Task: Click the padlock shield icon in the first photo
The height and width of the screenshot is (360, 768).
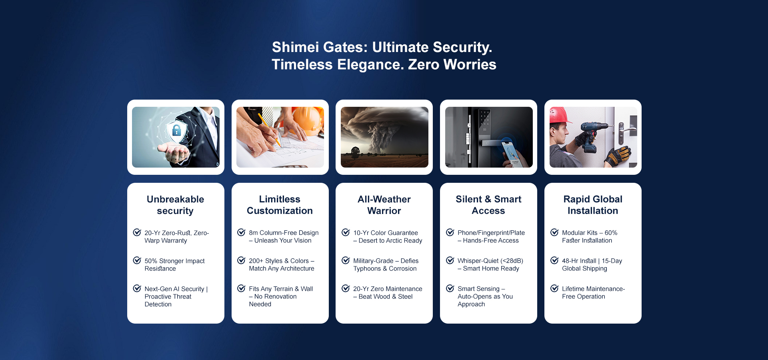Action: pyautogui.click(x=176, y=130)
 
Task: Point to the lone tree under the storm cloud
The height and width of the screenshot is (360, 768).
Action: pyautogui.click(x=355, y=151)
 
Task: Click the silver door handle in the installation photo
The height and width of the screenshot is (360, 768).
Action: pyautogui.click(x=626, y=132)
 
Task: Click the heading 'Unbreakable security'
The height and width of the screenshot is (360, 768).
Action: pyautogui.click(x=176, y=205)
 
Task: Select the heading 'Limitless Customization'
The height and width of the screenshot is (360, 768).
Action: pyautogui.click(x=280, y=205)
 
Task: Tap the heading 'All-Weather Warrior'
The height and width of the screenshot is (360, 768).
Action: pyautogui.click(x=384, y=205)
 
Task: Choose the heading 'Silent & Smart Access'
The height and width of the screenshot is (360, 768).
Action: pyautogui.click(x=488, y=205)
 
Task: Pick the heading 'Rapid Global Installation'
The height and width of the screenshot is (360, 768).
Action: pyautogui.click(x=593, y=205)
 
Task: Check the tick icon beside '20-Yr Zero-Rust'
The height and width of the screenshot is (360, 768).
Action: pyautogui.click(x=137, y=232)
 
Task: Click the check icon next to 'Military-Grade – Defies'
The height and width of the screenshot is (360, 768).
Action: pyautogui.click(x=346, y=260)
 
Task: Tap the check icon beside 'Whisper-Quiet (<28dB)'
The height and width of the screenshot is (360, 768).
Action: pyautogui.click(x=450, y=260)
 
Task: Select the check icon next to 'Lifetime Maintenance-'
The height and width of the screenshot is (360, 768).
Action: pyautogui.click(x=554, y=288)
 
